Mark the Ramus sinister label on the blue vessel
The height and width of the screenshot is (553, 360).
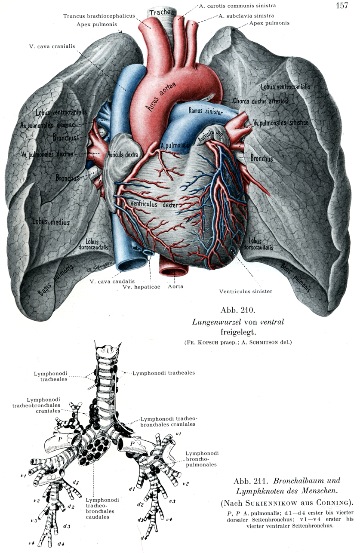tap(205, 112)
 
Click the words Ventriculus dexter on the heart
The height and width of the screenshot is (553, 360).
tap(151, 205)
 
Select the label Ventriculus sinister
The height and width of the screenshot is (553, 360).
tap(245, 291)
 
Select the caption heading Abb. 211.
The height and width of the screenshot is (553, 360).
tap(249, 481)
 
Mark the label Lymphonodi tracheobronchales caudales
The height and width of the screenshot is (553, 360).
tap(102, 508)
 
